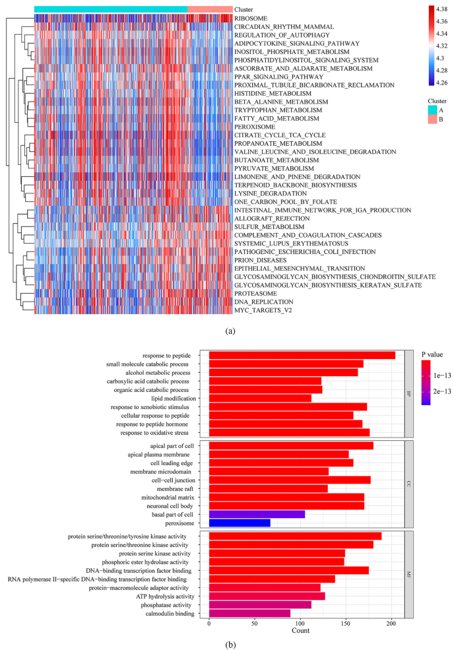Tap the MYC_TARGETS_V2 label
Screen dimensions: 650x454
tap(264, 309)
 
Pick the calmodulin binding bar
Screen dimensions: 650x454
tap(249, 613)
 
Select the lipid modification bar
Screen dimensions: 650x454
tap(260, 398)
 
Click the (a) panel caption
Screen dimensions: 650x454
tap(226, 327)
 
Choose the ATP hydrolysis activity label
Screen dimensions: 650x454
tap(164, 596)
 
